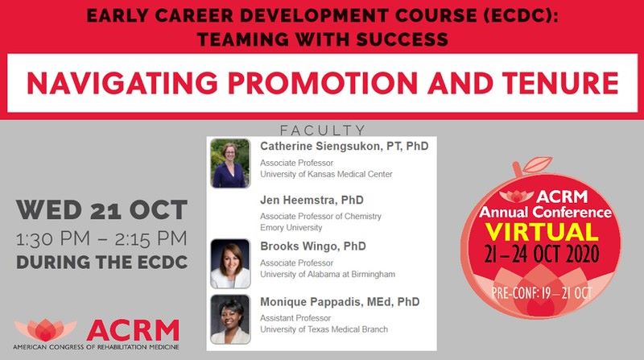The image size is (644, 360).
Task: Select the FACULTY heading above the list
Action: (x=322, y=130)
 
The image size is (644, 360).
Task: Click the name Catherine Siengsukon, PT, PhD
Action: (x=344, y=147)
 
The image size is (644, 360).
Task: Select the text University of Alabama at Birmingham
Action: (x=327, y=275)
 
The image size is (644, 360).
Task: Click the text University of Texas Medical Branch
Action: (x=324, y=329)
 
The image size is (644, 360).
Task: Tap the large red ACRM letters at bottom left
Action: (x=133, y=329)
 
